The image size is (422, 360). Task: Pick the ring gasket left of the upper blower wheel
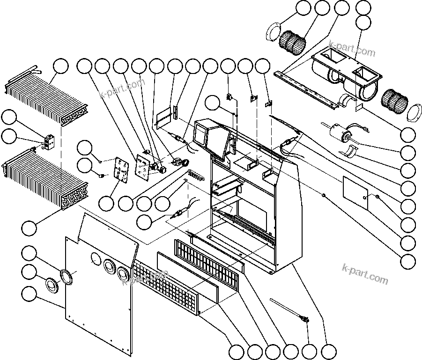coord(272,34)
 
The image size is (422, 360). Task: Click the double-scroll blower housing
coord(347,75)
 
